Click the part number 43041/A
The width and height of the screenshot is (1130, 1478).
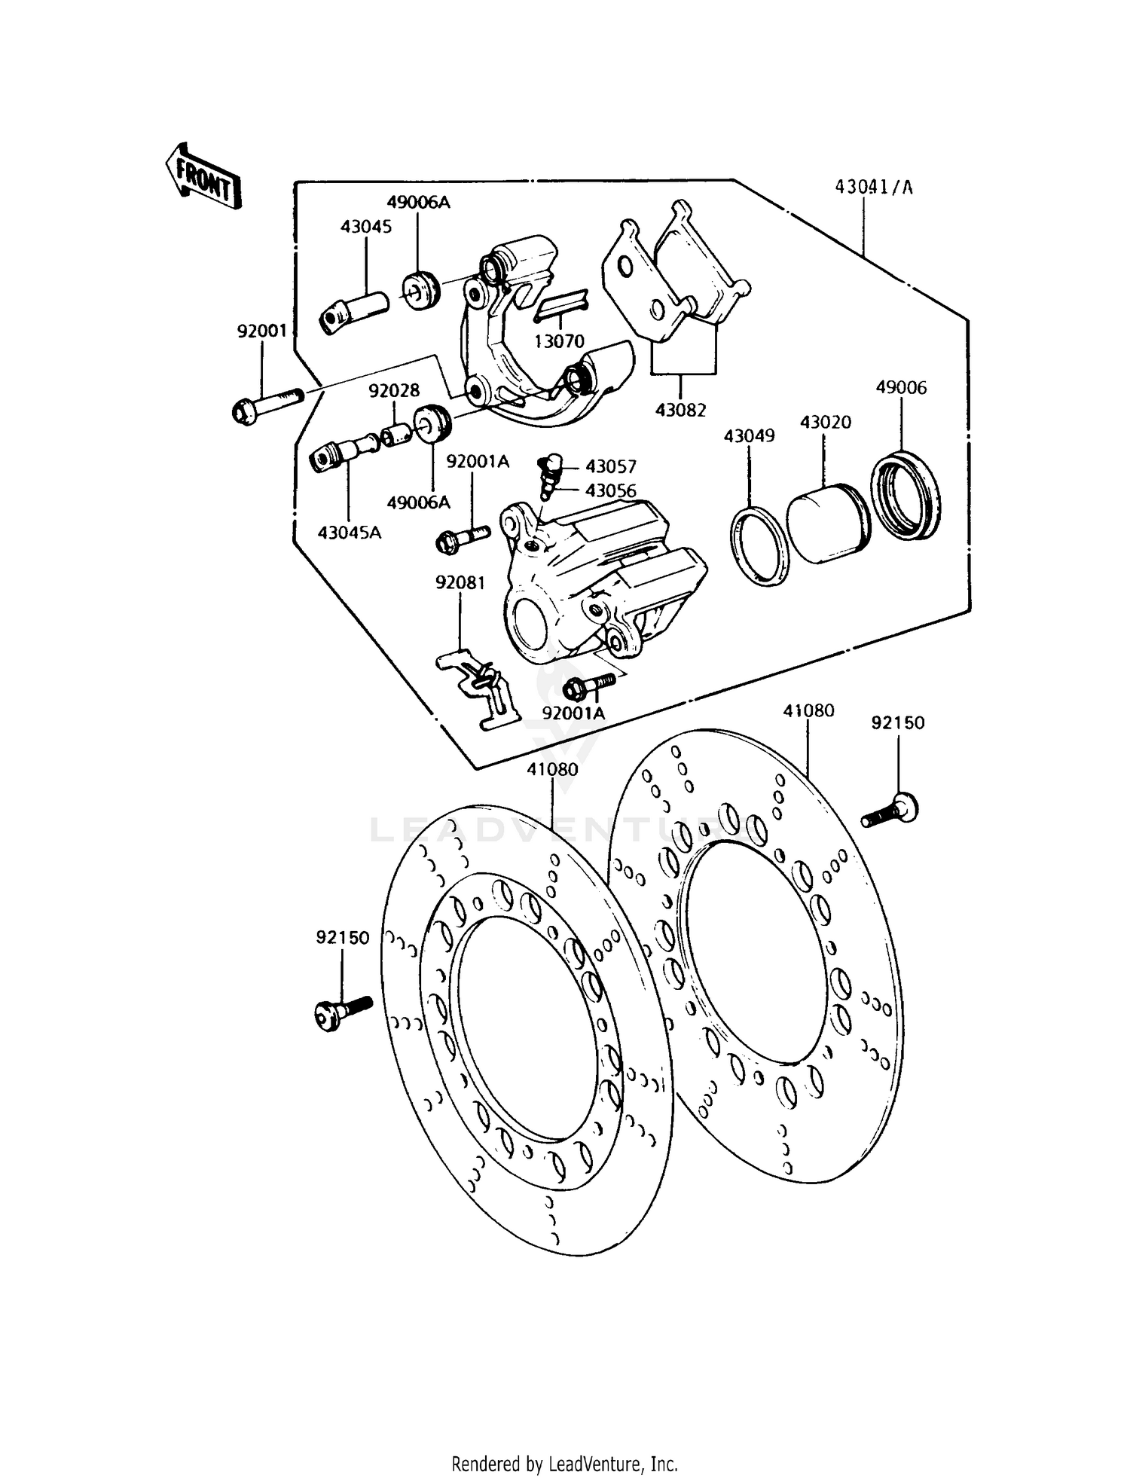coord(873,188)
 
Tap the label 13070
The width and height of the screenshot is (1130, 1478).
coord(559,341)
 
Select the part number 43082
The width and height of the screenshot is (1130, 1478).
coord(680,411)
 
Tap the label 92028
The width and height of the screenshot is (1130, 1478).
coord(394,390)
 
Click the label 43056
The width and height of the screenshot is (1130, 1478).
coord(610,490)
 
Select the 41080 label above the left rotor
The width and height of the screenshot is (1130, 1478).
coord(552,769)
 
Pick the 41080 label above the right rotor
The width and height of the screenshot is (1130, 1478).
coord(808,710)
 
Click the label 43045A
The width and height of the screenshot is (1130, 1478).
coord(349,533)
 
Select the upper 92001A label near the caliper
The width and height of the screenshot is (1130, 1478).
coord(478,461)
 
